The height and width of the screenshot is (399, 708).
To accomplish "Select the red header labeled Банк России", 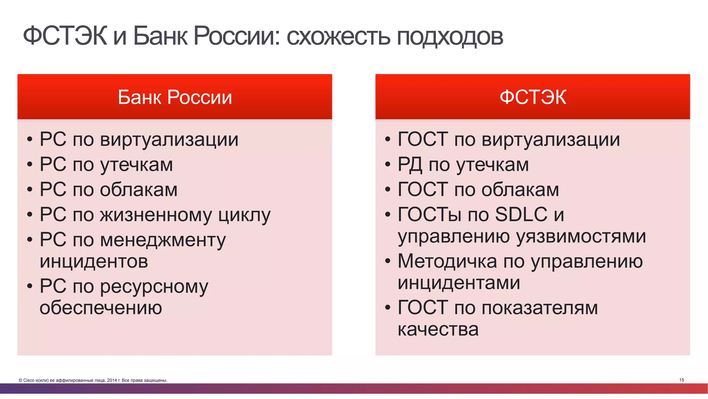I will click(x=175, y=97).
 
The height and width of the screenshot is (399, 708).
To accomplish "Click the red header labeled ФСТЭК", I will click(x=533, y=97).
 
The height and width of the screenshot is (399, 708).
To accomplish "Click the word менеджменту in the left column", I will click(x=163, y=240).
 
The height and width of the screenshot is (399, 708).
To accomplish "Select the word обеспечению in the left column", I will click(x=101, y=308).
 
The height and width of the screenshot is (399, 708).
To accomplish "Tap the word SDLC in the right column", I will click(x=521, y=215).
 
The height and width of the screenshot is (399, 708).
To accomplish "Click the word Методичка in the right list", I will click(x=447, y=261).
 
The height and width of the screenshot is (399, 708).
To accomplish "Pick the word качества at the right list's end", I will click(x=438, y=329).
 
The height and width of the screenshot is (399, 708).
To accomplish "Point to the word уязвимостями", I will click(x=581, y=237).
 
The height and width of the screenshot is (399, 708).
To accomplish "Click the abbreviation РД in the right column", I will click(x=410, y=165).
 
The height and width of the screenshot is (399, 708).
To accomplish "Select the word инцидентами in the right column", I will click(x=459, y=283).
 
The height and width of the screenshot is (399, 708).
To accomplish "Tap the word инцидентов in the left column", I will click(x=94, y=261).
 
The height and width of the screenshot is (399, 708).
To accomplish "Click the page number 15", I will click(x=681, y=380).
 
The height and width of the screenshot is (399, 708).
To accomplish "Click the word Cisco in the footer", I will click(x=29, y=380).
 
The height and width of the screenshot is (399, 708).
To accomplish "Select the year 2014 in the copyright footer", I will click(x=112, y=380).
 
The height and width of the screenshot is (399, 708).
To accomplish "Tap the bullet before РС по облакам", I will click(x=30, y=190).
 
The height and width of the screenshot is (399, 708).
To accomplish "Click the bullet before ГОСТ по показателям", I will click(x=388, y=307).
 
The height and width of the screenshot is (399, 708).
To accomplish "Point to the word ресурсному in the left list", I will click(x=154, y=287).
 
